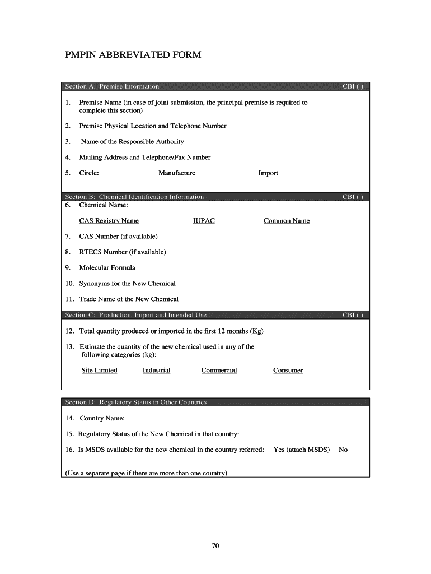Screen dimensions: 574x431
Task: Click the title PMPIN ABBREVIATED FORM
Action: [x=132, y=55]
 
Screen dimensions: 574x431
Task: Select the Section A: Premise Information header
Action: [x=112, y=86]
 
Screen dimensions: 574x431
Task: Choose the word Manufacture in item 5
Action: [x=177, y=173]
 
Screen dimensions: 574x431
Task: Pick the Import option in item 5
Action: [x=268, y=173]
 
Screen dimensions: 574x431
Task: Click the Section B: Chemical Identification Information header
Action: [x=134, y=197]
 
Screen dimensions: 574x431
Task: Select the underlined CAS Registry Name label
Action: [x=109, y=221]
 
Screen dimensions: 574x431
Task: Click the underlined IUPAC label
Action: [x=204, y=221]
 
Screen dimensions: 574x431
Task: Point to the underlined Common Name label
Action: [x=287, y=221]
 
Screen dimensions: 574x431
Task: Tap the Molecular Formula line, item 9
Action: [x=107, y=267]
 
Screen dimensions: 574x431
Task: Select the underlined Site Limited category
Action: [x=99, y=370]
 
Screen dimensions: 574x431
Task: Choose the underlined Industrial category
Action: [x=156, y=370]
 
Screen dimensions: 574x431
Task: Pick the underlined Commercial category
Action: [x=219, y=370]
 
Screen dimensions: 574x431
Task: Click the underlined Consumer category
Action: [x=288, y=370]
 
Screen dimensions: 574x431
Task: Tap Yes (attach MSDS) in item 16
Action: [x=301, y=450]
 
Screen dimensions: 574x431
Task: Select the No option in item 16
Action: [x=343, y=450]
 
